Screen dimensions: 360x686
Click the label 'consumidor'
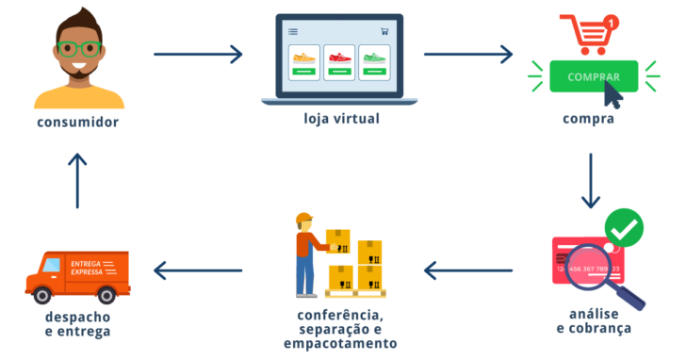pyautogui.click(x=78, y=123)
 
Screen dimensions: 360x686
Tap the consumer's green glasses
pyautogui.click(x=78, y=49)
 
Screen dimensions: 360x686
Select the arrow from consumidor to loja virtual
pyautogui.click(x=198, y=54)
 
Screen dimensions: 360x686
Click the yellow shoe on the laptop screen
pyautogui.click(x=303, y=59)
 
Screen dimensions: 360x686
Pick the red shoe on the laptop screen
pyautogui.click(x=339, y=59)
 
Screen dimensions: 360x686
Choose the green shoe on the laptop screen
pyautogui.click(x=374, y=59)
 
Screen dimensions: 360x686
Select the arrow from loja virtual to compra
pyautogui.click(x=468, y=54)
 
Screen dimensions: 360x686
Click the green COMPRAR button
pyautogui.click(x=594, y=77)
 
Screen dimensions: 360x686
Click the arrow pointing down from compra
pyautogui.click(x=590, y=178)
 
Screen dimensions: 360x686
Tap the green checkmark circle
pyautogui.click(x=623, y=227)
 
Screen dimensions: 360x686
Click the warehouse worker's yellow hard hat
pyautogui.click(x=303, y=221)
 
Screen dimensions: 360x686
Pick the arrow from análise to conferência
pyautogui.click(x=468, y=271)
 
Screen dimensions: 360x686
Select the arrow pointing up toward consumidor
pyautogui.click(x=78, y=178)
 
